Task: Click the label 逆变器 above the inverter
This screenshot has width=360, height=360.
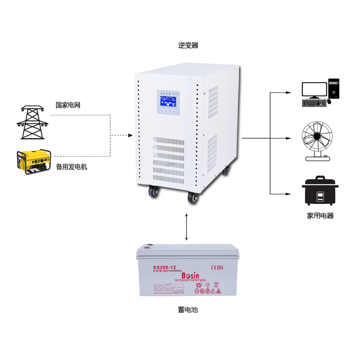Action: tap(188, 46)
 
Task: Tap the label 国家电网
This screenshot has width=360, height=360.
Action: tap(67, 105)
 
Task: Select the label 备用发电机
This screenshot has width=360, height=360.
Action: tap(72, 167)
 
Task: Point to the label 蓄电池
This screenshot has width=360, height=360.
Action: tap(188, 310)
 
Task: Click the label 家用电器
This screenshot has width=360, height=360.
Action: tap(320, 216)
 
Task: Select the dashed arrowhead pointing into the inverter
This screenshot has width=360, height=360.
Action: tap(130, 136)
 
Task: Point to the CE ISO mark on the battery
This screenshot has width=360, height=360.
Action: tap(217, 267)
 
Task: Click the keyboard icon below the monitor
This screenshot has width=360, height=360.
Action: tap(314, 103)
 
